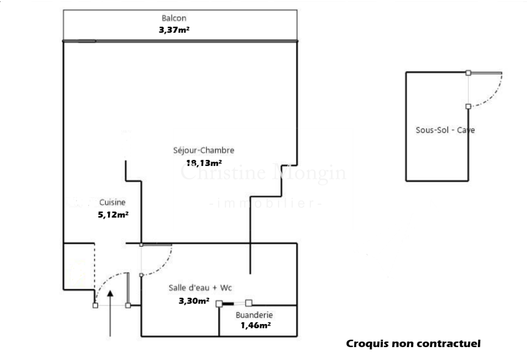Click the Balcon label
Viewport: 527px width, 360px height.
point(174,18)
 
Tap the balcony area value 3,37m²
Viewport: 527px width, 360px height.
point(174,30)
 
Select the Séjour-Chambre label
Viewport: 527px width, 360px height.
point(204,150)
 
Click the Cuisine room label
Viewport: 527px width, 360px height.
point(112,203)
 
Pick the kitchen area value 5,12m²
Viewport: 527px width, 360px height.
point(112,214)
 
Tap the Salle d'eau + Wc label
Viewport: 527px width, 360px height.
point(200,287)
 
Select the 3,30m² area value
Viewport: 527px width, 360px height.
point(194,301)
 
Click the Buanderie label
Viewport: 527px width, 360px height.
point(254,315)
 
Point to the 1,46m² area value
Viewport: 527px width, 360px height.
point(255,325)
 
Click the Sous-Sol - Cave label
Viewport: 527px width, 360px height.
point(445,129)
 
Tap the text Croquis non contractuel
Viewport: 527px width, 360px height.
point(413,344)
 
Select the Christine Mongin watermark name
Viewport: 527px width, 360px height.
point(263,173)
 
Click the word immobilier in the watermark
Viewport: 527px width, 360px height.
point(265,204)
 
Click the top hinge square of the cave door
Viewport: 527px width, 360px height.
point(468,73)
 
